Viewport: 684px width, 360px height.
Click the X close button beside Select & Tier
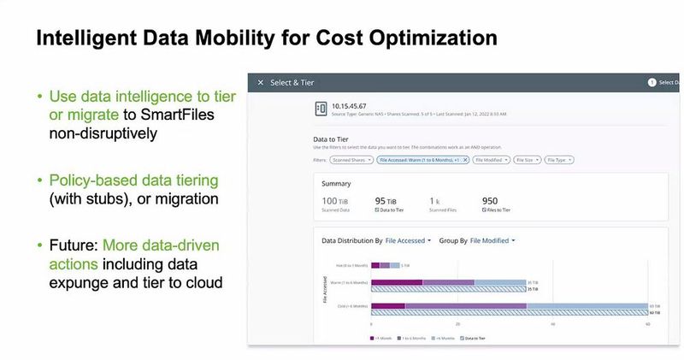tap(261, 82)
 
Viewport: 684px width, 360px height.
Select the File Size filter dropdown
tap(528, 160)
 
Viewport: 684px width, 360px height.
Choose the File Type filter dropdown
tap(559, 160)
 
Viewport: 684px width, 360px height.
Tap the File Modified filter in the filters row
tap(491, 160)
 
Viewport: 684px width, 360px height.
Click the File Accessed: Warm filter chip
tap(423, 160)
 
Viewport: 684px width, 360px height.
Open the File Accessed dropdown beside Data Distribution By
tap(408, 241)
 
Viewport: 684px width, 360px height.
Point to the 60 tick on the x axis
tap(647, 324)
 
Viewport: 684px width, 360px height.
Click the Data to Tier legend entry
tap(473, 338)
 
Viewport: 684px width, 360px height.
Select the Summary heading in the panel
tap(336, 183)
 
